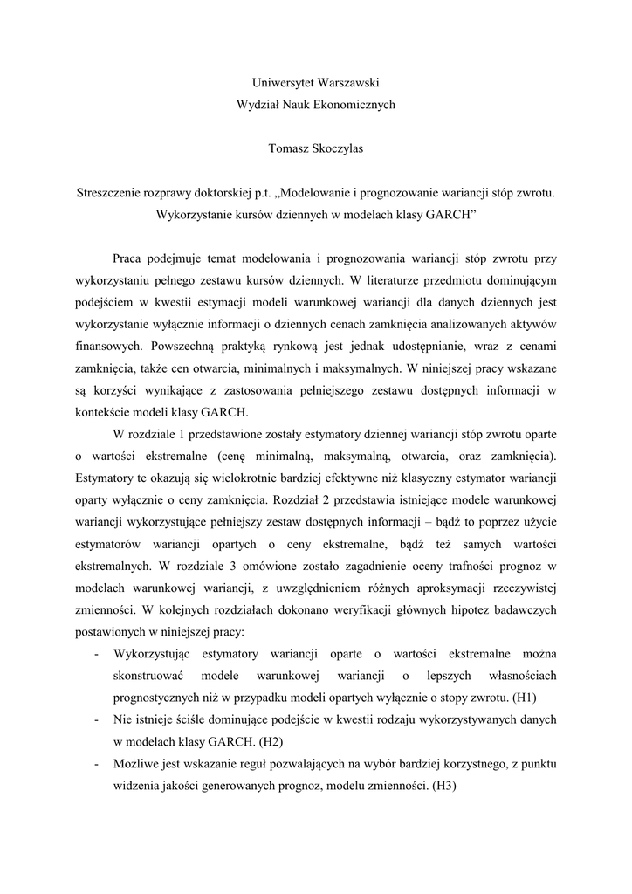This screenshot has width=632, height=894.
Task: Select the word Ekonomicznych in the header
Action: [354, 104]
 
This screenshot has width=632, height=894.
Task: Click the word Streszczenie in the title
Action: [110, 191]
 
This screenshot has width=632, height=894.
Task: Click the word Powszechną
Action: [182, 346]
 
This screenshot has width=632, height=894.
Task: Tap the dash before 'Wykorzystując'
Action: [96, 654]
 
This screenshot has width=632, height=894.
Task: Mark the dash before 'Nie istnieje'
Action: [96, 719]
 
